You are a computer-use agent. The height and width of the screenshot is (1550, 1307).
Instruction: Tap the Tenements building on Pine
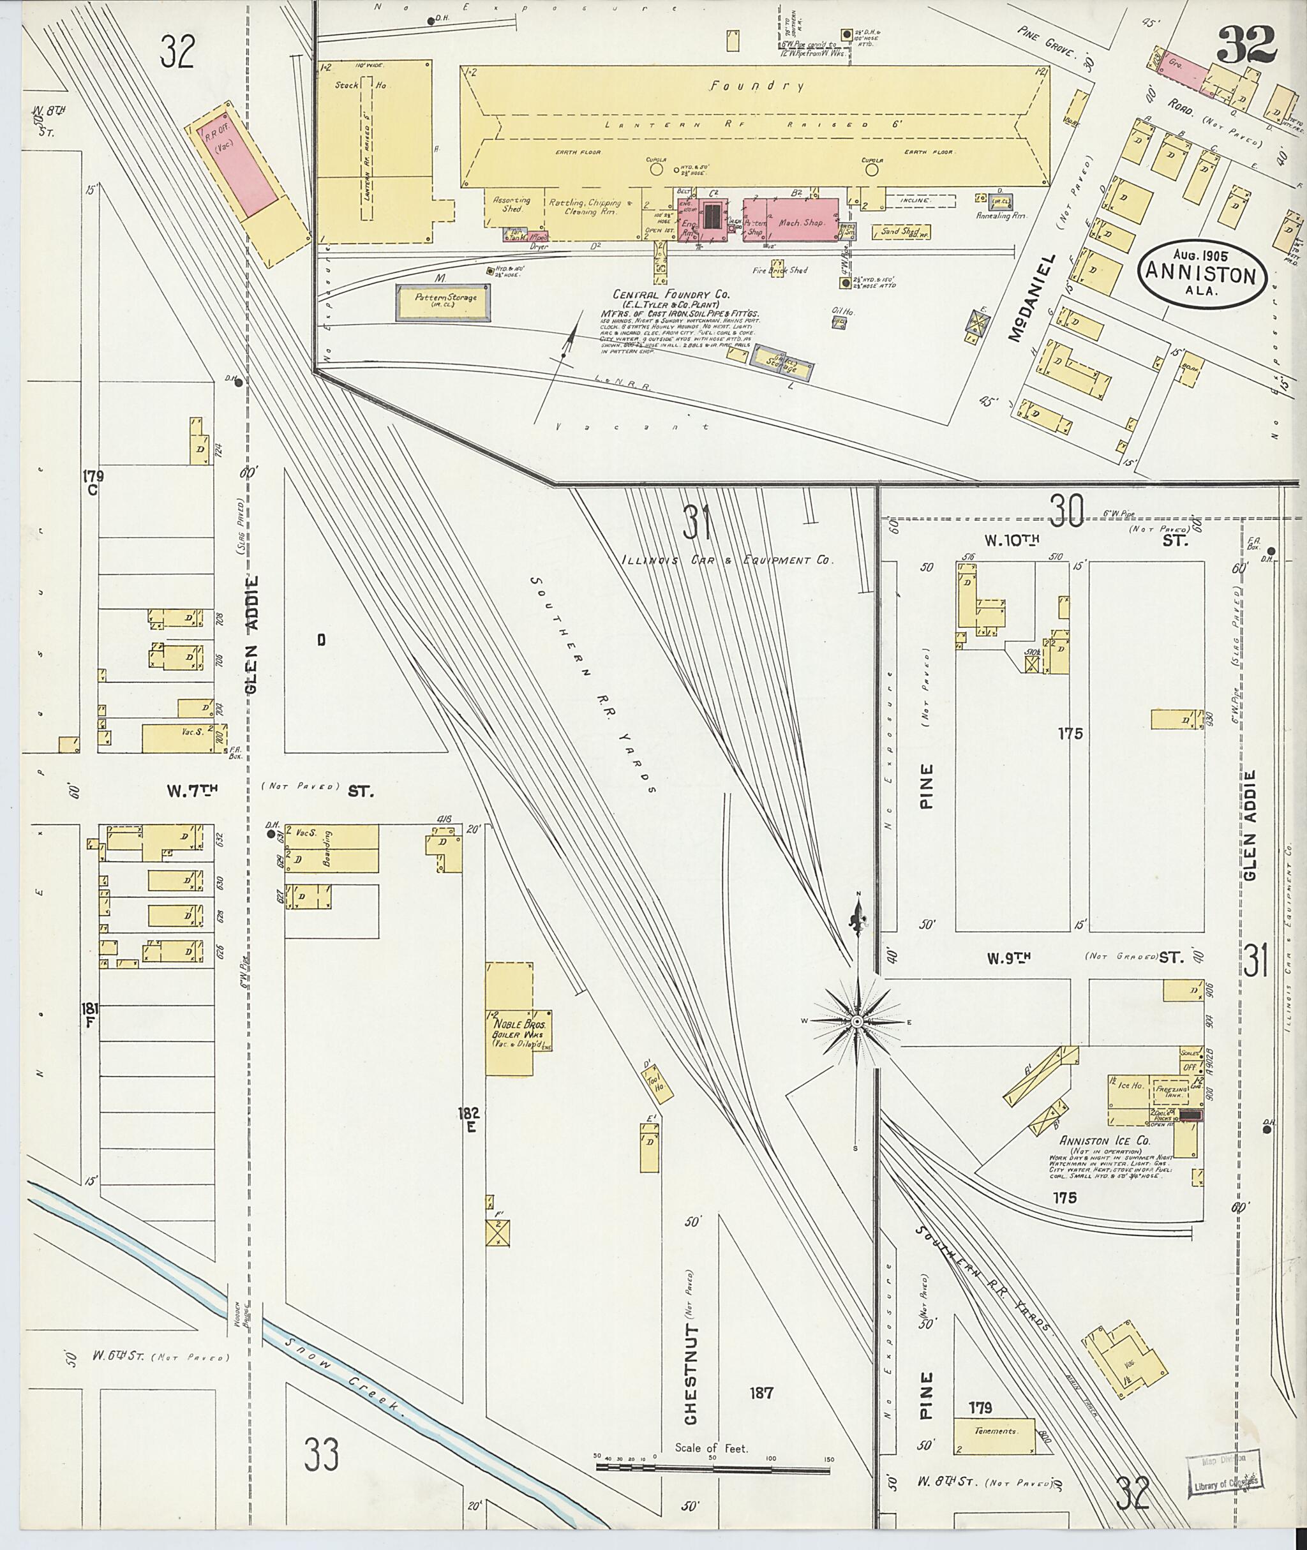coord(994,1432)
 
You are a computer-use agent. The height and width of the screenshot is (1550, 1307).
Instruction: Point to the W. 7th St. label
coord(185,791)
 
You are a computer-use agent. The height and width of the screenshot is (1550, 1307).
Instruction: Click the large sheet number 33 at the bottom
coord(321,1454)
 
